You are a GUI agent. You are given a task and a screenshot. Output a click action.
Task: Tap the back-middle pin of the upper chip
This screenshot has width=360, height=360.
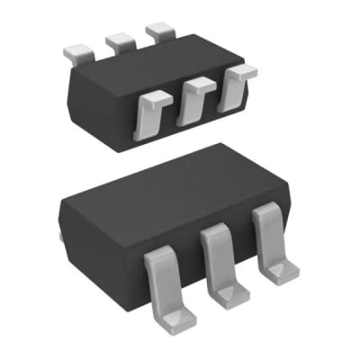119,40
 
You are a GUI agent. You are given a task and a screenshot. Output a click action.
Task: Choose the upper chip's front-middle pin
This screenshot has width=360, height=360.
193,99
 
